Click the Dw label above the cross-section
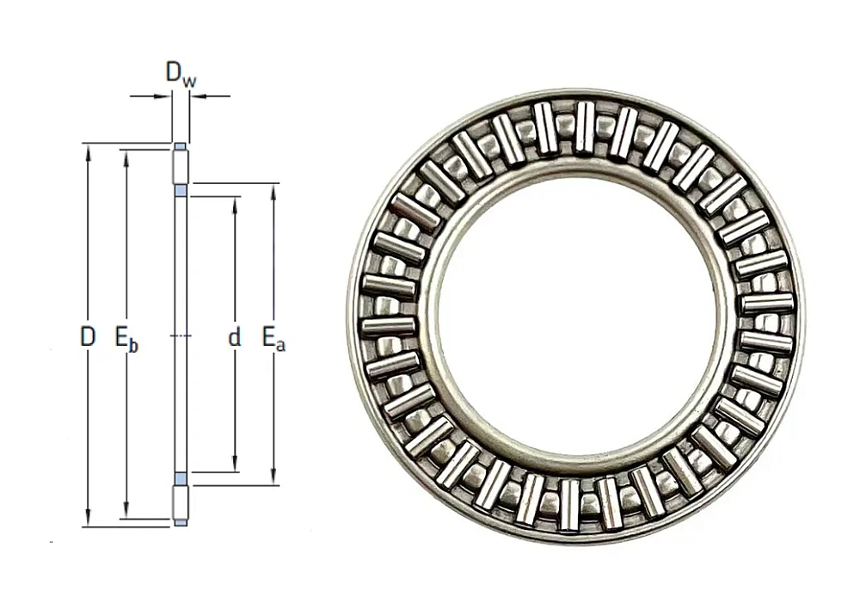pyautogui.click(x=181, y=75)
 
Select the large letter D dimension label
pyautogui.click(x=88, y=338)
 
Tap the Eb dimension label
pyautogui.click(x=126, y=338)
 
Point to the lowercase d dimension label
pyautogui.click(x=234, y=338)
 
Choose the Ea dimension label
pyautogui.click(x=273, y=338)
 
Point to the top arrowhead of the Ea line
pyautogui.click(x=273, y=189)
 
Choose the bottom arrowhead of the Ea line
pyautogui.click(x=273, y=480)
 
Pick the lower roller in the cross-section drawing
pyautogui.click(x=181, y=503)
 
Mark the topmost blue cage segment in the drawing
pyautogui.click(x=180, y=147)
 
